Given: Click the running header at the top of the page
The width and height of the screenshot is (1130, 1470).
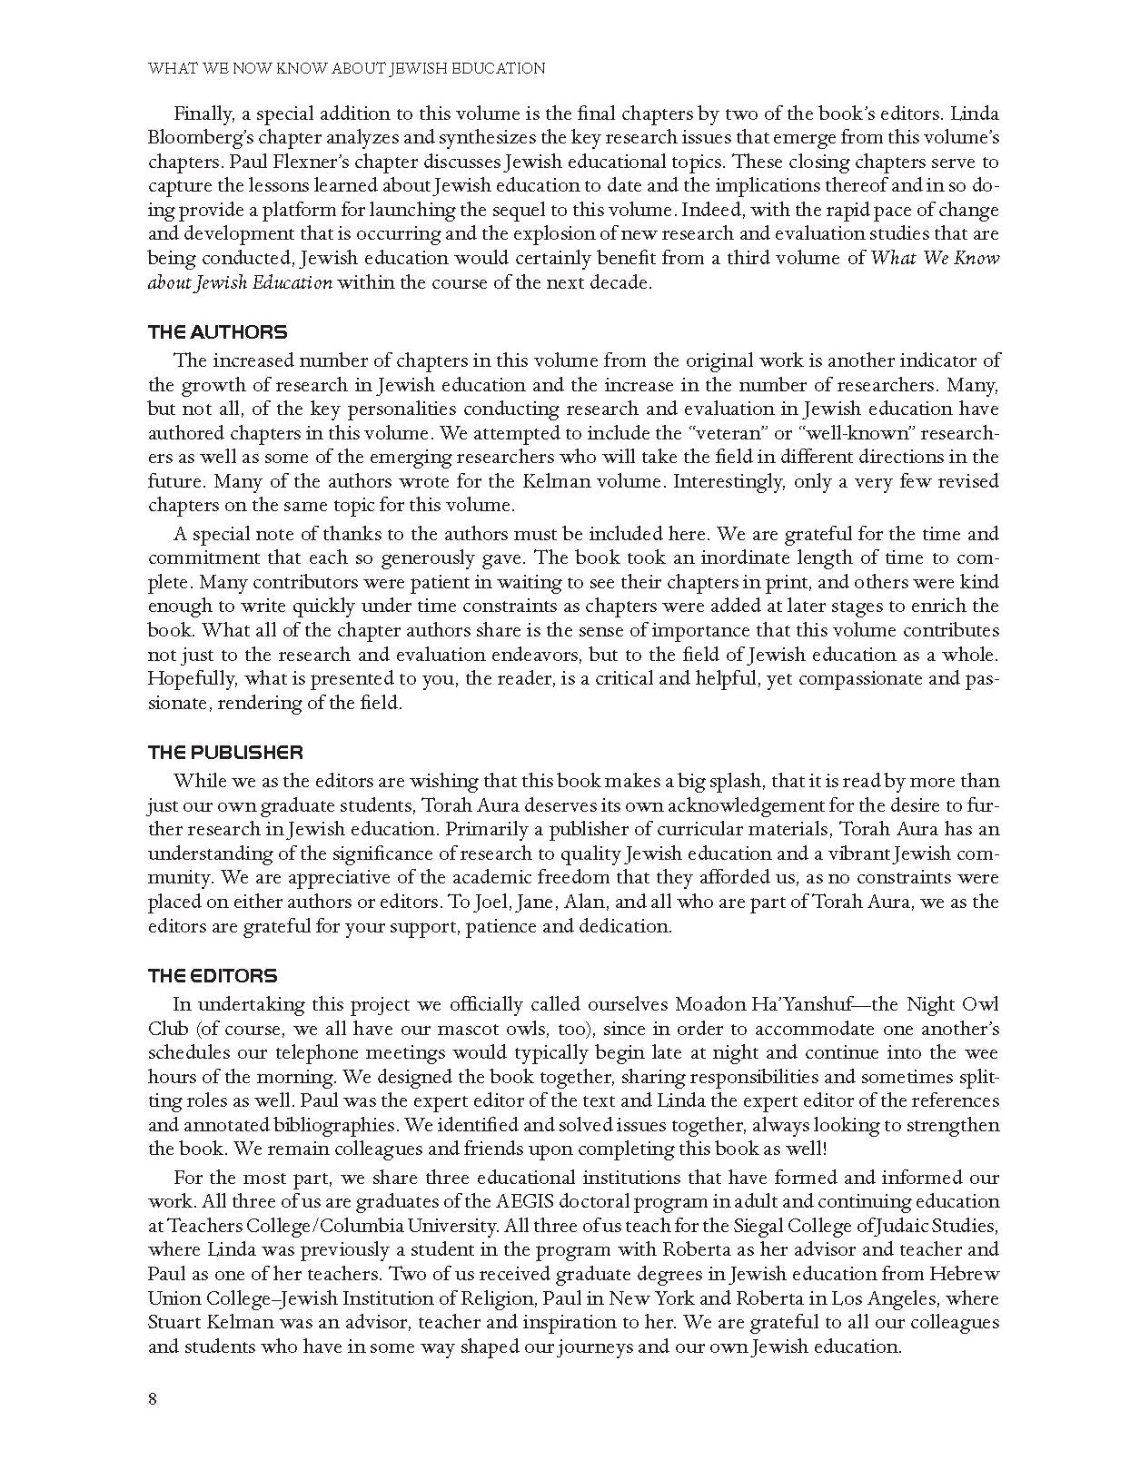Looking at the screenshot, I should pyautogui.click(x=346, y=68).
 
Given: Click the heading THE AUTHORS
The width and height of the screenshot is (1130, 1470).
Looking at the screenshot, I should pyautogui.click(x=217, y=332).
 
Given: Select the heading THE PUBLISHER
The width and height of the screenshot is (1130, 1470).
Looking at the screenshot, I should pyautogui.click(x=225, y=753).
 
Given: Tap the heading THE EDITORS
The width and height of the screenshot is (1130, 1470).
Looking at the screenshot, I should pyautogui.click(x=213, y=976).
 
